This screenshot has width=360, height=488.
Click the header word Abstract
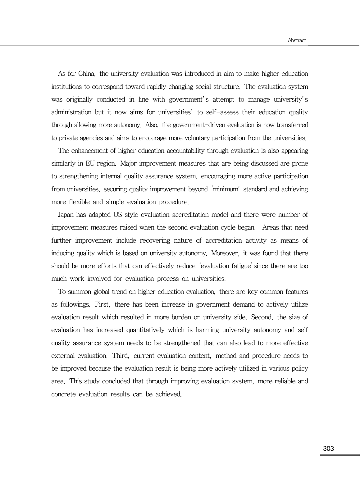click(x=297, y=40)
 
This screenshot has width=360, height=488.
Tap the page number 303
click(x=328, y=449)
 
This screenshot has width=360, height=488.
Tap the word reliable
click(x=284, y=381)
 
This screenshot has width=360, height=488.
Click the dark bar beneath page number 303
click(x=339, y=455)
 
